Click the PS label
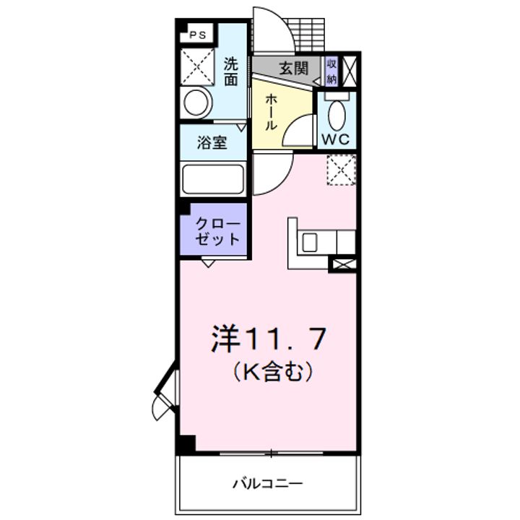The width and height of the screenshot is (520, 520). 198,35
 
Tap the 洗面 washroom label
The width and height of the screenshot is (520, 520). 231,71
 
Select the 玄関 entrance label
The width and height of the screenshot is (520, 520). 294,69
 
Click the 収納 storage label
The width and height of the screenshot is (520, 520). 331,71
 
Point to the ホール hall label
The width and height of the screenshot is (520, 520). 271,112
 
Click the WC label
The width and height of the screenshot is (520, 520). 336,139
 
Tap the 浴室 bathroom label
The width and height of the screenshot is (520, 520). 212,142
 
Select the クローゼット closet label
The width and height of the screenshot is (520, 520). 218,232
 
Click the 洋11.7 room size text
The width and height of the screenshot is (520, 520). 268,338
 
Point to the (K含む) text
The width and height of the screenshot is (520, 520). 272,371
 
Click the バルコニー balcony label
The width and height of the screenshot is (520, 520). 267,484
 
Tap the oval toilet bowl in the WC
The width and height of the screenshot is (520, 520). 337,114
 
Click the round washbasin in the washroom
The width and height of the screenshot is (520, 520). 196,103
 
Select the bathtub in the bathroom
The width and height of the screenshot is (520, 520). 212,179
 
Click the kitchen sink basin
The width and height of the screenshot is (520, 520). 309,242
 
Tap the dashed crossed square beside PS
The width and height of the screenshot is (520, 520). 197,67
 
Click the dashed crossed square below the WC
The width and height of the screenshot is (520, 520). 341,170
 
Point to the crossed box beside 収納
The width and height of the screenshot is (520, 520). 349,71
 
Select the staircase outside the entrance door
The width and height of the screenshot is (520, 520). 306,35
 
